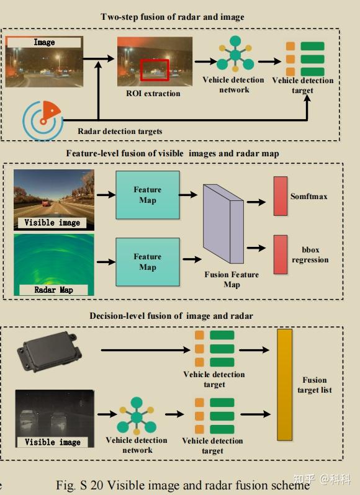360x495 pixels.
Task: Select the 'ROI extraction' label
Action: pos(153,94)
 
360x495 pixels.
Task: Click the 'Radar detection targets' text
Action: pos(120,131)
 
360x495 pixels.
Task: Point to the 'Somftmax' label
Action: pos(309,197)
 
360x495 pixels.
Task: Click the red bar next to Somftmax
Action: pos(281,196)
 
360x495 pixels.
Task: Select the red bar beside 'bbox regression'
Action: pos(281,254)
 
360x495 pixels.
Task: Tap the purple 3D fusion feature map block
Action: pos(223,224)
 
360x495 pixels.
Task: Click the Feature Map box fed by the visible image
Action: pos(148,195)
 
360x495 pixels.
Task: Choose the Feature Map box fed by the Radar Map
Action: pos(148,262)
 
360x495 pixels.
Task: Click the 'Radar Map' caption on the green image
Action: pos(53,290)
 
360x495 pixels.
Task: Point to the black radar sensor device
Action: pos(49,351)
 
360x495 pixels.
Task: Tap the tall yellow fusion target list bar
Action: pos(284,385)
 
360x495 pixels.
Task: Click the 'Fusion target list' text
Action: pos(315,385)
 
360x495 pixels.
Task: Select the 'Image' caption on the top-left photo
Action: pos(44,42)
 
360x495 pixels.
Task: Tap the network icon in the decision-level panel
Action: pos(137,416)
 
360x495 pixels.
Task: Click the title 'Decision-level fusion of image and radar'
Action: pos(171,316)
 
